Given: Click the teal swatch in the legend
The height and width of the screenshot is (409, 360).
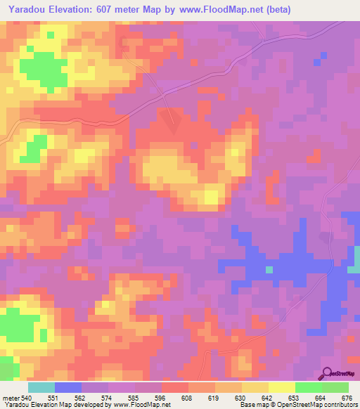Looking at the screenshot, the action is coord(41,387).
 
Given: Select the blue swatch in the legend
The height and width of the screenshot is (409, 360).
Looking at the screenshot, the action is coord(67,387).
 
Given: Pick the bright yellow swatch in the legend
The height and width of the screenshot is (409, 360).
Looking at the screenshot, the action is coord(281,387).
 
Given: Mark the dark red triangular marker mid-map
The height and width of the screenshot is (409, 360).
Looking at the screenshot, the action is coord(172,122).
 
